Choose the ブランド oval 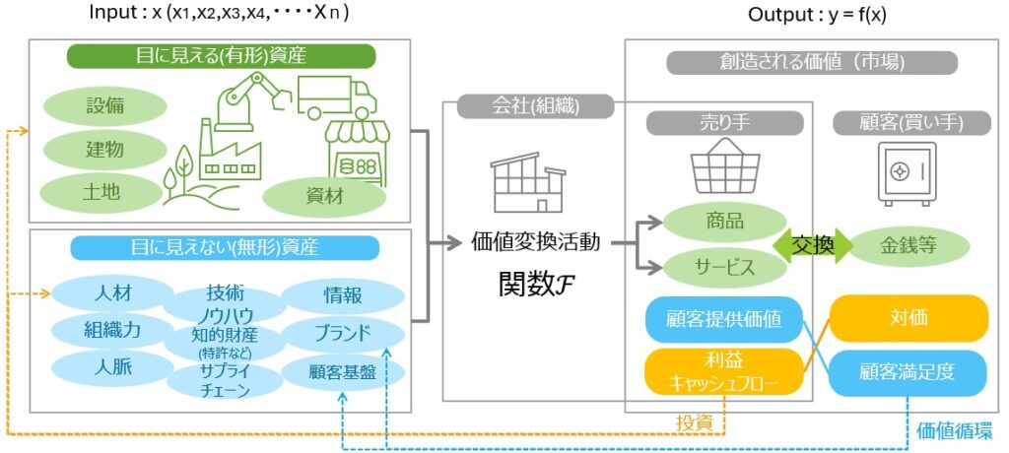(343, 333)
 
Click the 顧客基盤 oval (343, 371)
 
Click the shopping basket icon (725, 164)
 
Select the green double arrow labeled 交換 (814, 245)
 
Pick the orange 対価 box (908, 318)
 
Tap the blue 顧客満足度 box (908, 373)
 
